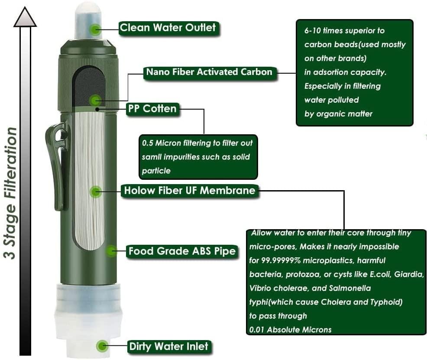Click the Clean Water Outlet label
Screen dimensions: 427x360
click(168, 28)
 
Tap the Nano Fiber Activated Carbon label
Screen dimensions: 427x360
click(210, 72)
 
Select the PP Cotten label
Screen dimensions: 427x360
click(152, 109)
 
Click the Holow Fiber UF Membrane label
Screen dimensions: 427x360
click(190, 191)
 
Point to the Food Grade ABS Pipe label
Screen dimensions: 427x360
click(182, 251)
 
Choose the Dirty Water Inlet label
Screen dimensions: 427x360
click(169, 347)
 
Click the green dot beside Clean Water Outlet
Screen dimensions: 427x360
click(95, 29)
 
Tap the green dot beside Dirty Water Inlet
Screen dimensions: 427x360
click(102, 346)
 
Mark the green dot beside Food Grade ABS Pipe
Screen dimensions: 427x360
click(111, 251)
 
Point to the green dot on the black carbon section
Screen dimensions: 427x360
click(95, 101)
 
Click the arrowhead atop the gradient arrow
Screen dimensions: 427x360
click(25, 17)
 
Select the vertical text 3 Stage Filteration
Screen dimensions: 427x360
click(10, 193)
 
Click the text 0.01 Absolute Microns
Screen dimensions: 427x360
click(290, 330)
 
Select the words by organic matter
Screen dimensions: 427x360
click(338, 114)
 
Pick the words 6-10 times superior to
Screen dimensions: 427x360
click(344, 30)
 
